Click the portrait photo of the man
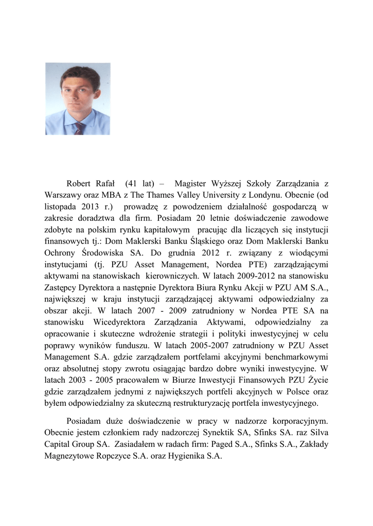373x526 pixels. click(x=78, y=99)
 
